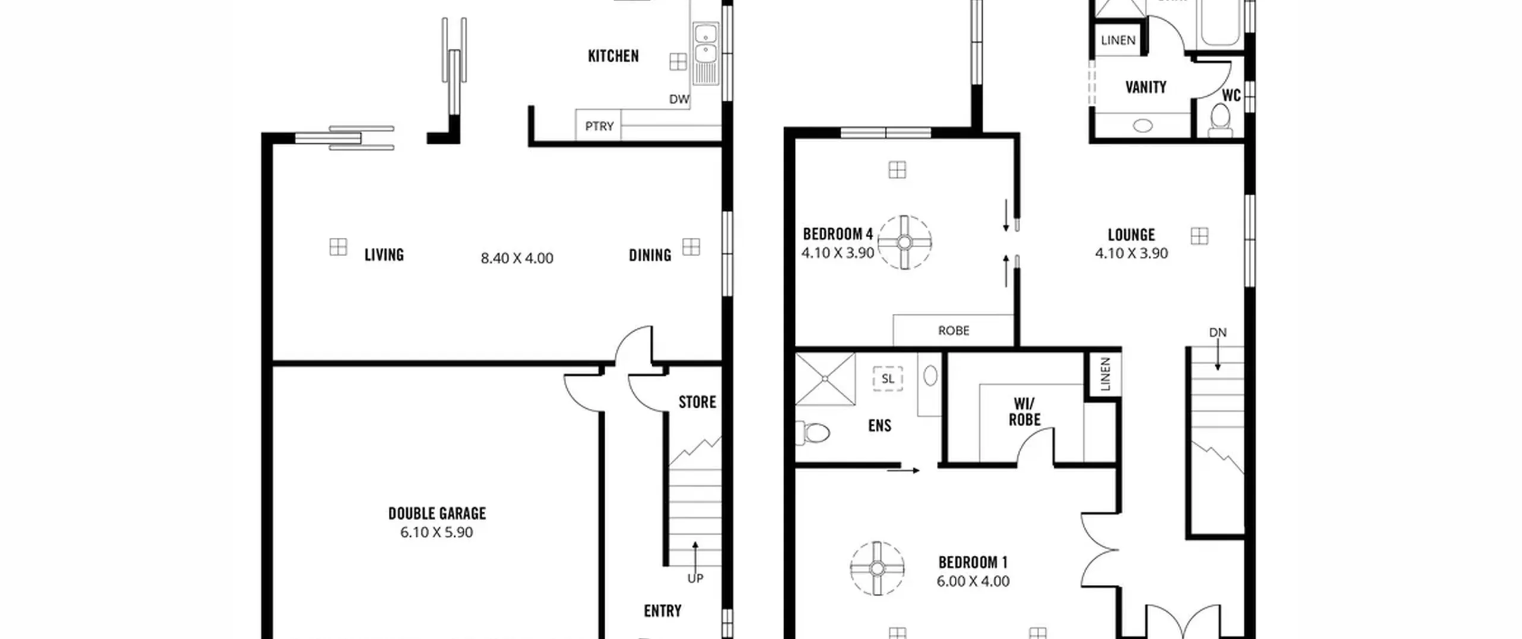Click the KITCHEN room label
(613, 56)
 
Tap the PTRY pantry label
(599, 126)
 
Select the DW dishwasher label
(679, 99)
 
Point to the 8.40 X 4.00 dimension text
(517, 258)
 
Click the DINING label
(650, 255)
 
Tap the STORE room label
(697, 402)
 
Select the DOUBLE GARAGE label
(437, 513)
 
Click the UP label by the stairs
(695, 578)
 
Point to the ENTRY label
(662, 611)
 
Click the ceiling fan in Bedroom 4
(904, 243)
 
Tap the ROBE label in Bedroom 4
(954, 330)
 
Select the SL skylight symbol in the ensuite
(888, 379)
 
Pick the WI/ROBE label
(1024, 412)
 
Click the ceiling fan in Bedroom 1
(877, 568)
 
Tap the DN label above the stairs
(1218, 333)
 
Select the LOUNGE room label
(1131, 235)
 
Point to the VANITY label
(1146, 87)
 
